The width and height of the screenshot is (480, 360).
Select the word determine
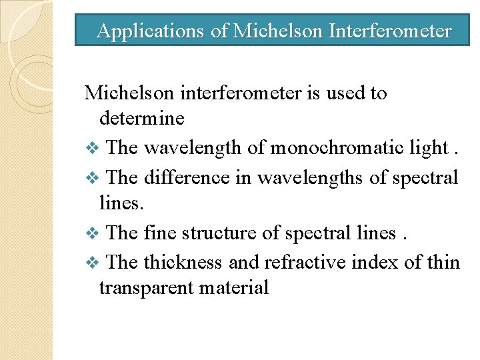pos(141,119)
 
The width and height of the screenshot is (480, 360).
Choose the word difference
pos(179,177)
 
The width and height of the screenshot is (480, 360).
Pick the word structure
pos(213,233)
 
